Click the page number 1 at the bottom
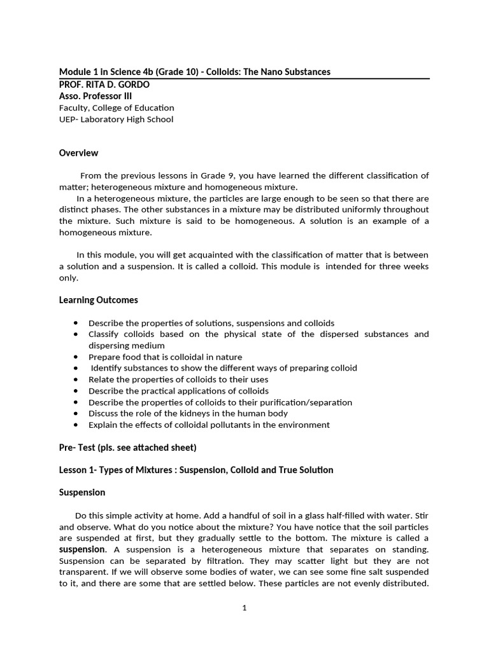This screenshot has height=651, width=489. click(x=244, y=608)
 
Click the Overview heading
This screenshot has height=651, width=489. click(x=78, y=153)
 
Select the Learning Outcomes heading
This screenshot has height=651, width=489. click(x=98, y=299)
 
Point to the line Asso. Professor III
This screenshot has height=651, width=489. click(x=96, y=96)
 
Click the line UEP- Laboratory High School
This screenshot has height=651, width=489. click(x=116, y=119)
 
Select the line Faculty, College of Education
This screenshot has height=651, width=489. click(x=116, y=107)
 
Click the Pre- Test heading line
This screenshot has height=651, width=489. click(x=127, y=447)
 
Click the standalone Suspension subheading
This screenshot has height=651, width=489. click(x=82, y=492)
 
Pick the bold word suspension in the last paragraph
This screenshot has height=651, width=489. click(x=81, y=549)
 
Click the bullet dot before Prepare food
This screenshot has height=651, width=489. click(x=76, y=357)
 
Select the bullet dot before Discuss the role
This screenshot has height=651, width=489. click(x=76, y=414)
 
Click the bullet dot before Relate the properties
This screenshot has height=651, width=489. click(x=76, y=380)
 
